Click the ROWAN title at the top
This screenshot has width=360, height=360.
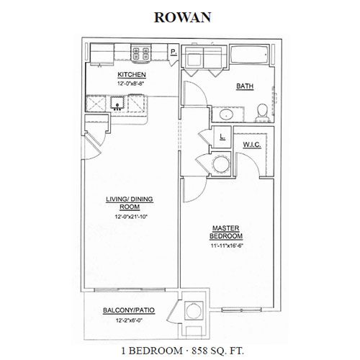tap(182, 17)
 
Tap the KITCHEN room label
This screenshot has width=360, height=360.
tap(132, 75)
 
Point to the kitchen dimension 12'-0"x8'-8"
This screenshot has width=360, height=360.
tap(132, 84)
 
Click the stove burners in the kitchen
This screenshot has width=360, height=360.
tap(140, 53)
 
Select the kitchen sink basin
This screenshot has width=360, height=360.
tap(117, 102)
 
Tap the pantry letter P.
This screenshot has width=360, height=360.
tap(174, 52)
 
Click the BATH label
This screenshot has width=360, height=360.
tap(245, 86)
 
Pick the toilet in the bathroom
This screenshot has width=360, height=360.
tap(263, 113)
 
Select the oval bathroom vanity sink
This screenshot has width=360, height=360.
tap(226, 114)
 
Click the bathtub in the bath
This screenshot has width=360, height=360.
tap(250, 55)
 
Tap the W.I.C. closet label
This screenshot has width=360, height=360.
tap(252, 145)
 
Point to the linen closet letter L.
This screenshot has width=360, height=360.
tap(222, 137)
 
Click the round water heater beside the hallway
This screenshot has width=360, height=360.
tap(221, 164)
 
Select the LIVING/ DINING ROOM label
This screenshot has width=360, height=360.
tap(130, 203)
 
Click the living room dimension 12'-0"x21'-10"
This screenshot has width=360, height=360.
tap(131, 217)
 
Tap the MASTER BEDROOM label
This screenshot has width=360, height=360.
tap(226, 232)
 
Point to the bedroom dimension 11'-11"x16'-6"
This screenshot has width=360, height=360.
tap(225, 246)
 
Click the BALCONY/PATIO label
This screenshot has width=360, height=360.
tap(129, 310)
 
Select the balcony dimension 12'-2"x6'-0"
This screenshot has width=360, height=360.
tap(129, 320)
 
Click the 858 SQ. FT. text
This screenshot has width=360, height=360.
tap(217, 351)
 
